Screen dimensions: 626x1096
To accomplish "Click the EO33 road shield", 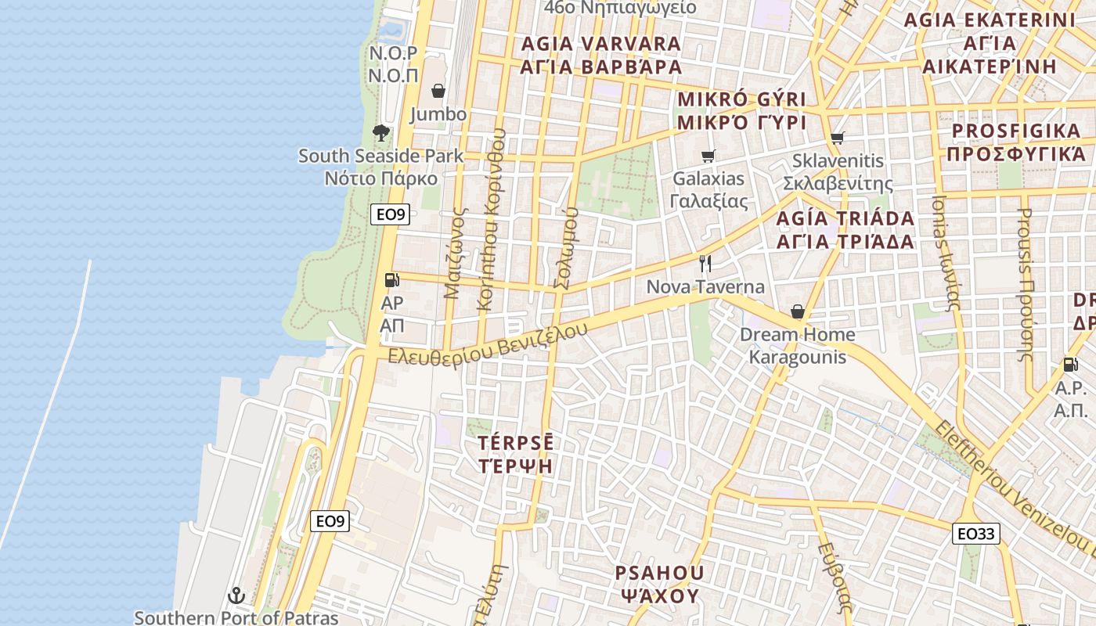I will (976, 534).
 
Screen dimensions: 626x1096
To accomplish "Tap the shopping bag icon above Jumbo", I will (438, 92).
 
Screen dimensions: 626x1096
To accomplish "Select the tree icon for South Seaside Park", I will (381, 132).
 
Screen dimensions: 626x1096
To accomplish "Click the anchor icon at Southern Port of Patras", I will (236, 596).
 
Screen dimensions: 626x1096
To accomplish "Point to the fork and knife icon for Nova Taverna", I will (705, 263).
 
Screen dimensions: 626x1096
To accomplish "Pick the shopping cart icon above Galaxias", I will (708, 156).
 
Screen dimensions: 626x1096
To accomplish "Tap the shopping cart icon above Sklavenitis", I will (838, 139).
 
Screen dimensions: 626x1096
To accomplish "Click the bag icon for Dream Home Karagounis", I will (798, 312).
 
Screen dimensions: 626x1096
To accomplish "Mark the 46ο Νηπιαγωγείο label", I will (620, 8).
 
